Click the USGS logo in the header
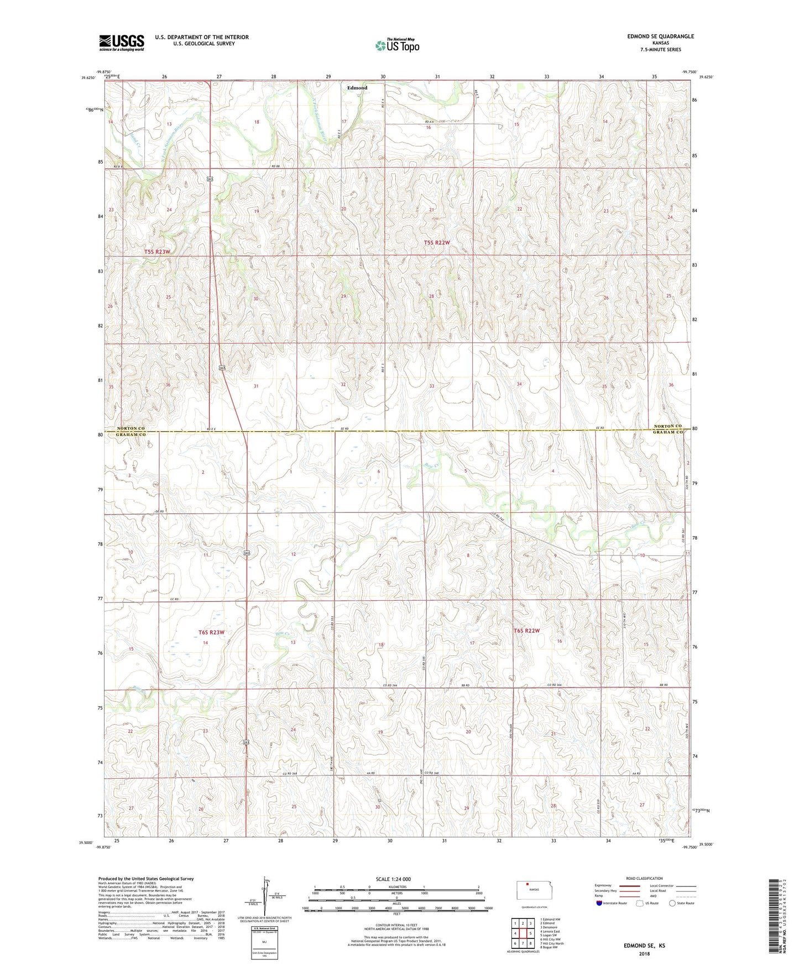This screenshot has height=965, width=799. (122, 43)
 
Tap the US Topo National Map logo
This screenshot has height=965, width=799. (396, 45)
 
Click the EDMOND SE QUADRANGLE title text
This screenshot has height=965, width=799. (660, 36)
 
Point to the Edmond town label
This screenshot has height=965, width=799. (357, 88)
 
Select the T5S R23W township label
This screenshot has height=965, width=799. (157, 251)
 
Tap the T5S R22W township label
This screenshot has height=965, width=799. (437, 243)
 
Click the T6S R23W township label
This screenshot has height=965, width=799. (211, 632)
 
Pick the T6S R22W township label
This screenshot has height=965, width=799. (526, 631)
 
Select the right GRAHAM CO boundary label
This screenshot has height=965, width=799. (667, 433)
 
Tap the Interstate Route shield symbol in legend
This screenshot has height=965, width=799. (599, 903)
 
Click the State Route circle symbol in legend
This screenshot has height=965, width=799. (672, 903)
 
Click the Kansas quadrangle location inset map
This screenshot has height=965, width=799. (534, 889)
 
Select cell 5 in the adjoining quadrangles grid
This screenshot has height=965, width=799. (530, 933)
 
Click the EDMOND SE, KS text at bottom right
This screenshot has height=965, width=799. (644, 946)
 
